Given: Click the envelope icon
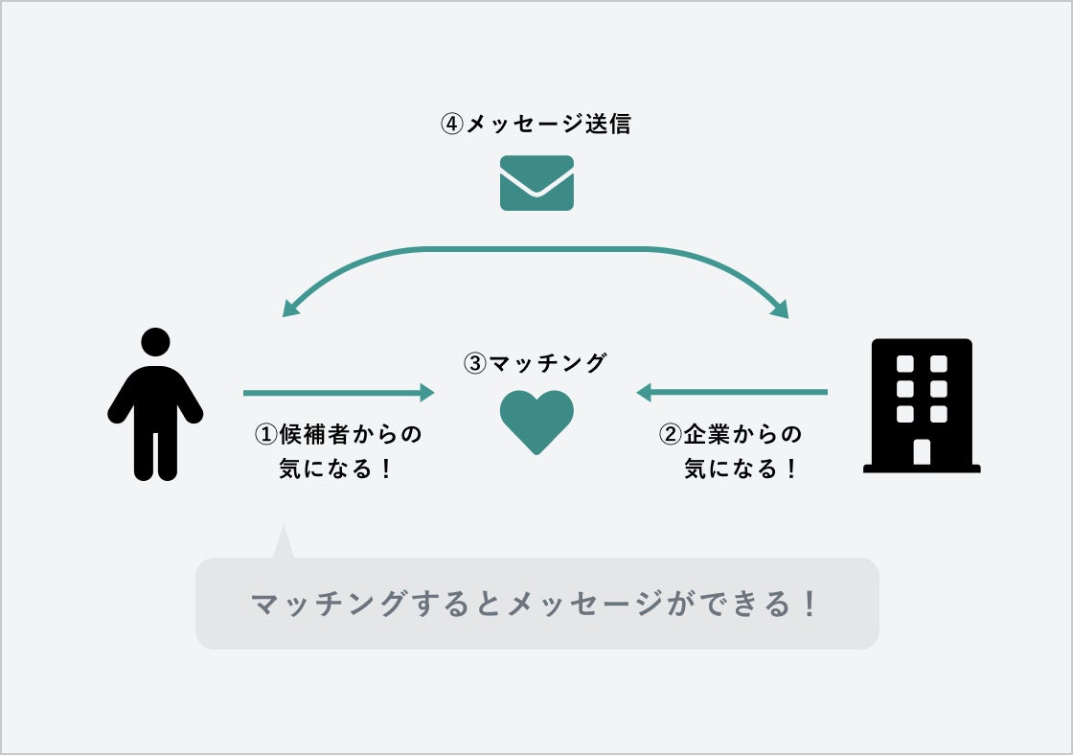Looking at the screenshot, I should [x=536, y=183].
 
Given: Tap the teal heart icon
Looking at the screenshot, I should [x=536, y=421].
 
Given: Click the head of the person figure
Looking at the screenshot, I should [x=155, y=342].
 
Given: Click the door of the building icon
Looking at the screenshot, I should [x=922, y=451].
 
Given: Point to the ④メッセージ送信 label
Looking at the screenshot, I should [x=536, y=125].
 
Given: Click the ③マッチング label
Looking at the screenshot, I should [x=536, y=364].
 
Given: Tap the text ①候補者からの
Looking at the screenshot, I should [x=337, y=434].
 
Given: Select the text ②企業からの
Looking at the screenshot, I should [x=730, y=434].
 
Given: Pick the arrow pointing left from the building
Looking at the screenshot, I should [x=732, y=392].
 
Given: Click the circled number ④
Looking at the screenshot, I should [x=451, y=125].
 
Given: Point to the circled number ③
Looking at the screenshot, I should [x=475, y=364].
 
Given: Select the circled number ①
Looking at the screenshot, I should [x=264, y=434].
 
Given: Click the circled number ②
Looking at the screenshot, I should [x=670, y=434].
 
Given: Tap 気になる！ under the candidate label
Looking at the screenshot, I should [x=336, y=469].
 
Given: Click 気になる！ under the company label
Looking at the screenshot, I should [x=741, y=469].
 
